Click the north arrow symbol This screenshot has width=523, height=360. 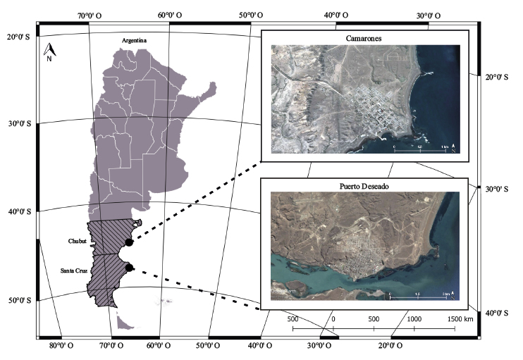tap(49, 51)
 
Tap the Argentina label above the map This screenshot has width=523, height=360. tap(133, 41)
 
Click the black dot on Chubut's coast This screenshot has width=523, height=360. tap(129, 242)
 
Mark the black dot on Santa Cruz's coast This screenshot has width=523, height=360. tap(129, 267)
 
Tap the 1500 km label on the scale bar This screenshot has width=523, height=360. tap(459, 319)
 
